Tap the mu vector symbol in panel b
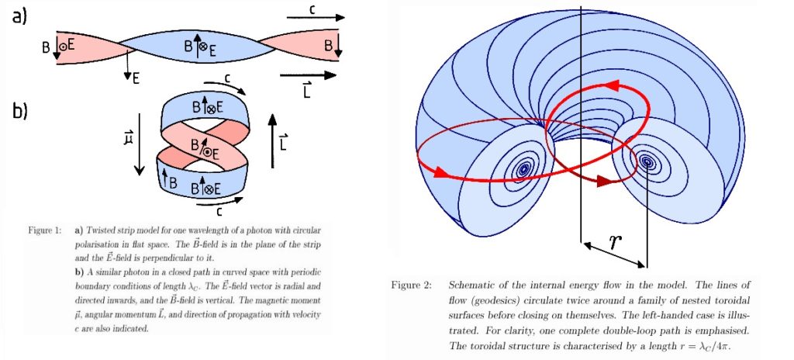coord(128,140)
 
